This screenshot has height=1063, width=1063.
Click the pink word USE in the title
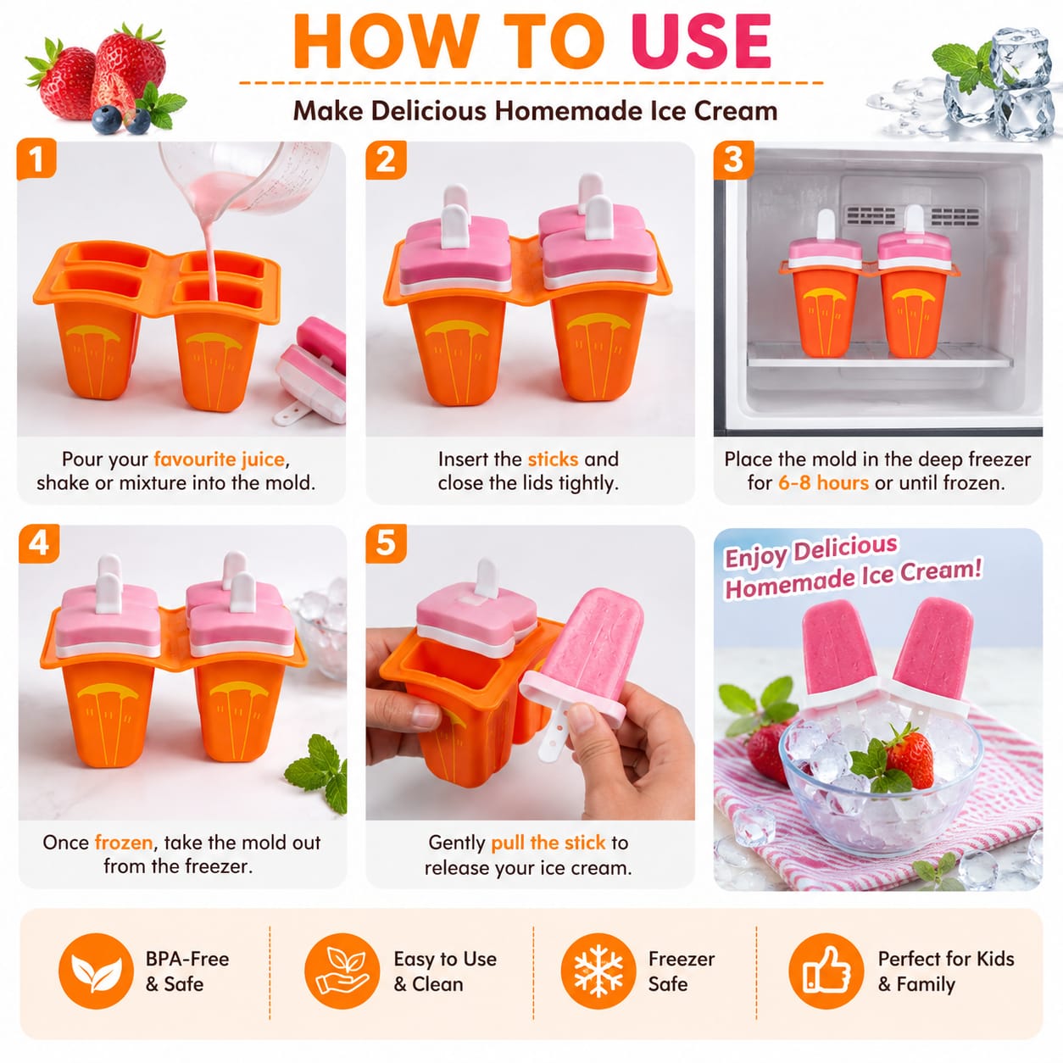point(700,42)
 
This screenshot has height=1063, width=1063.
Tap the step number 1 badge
point(36,159)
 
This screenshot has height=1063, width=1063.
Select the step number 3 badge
point(734,160)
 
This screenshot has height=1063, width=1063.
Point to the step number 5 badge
point(386,543)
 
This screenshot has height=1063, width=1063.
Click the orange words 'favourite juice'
point(219,459)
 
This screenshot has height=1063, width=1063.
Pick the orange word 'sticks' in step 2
point(553,459)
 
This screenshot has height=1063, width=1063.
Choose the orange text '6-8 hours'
point(823,482)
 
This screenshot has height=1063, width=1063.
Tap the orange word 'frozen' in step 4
point(124,843)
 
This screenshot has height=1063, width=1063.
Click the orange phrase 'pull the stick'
point(548,843)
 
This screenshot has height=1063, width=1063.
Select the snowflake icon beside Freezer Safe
point(598,971)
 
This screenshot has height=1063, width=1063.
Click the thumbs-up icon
point(826,971)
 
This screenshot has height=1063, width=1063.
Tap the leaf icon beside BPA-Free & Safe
point(96,971)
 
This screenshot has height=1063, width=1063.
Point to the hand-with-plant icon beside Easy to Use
point(342,971)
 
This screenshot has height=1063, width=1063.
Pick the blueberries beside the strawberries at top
point(121,120)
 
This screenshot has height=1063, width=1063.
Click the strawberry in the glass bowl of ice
point(910,757)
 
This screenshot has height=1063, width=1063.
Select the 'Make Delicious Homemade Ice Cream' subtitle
point(535,110)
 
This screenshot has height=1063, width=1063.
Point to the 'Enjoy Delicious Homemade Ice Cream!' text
point(852,566)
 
